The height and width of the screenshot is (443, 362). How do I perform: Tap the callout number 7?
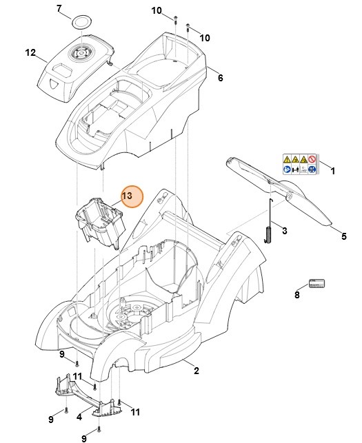coord(59,9)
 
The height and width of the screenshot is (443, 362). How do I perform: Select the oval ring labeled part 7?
coord(82,21)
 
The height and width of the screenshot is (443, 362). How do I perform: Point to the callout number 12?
coord(30,52)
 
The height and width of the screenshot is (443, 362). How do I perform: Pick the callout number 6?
coord(220,78)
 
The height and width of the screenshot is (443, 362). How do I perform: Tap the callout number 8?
coord(298,295)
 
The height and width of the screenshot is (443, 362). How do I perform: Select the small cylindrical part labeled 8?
coord(316,284)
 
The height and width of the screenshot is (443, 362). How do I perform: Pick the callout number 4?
coord(79,417)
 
